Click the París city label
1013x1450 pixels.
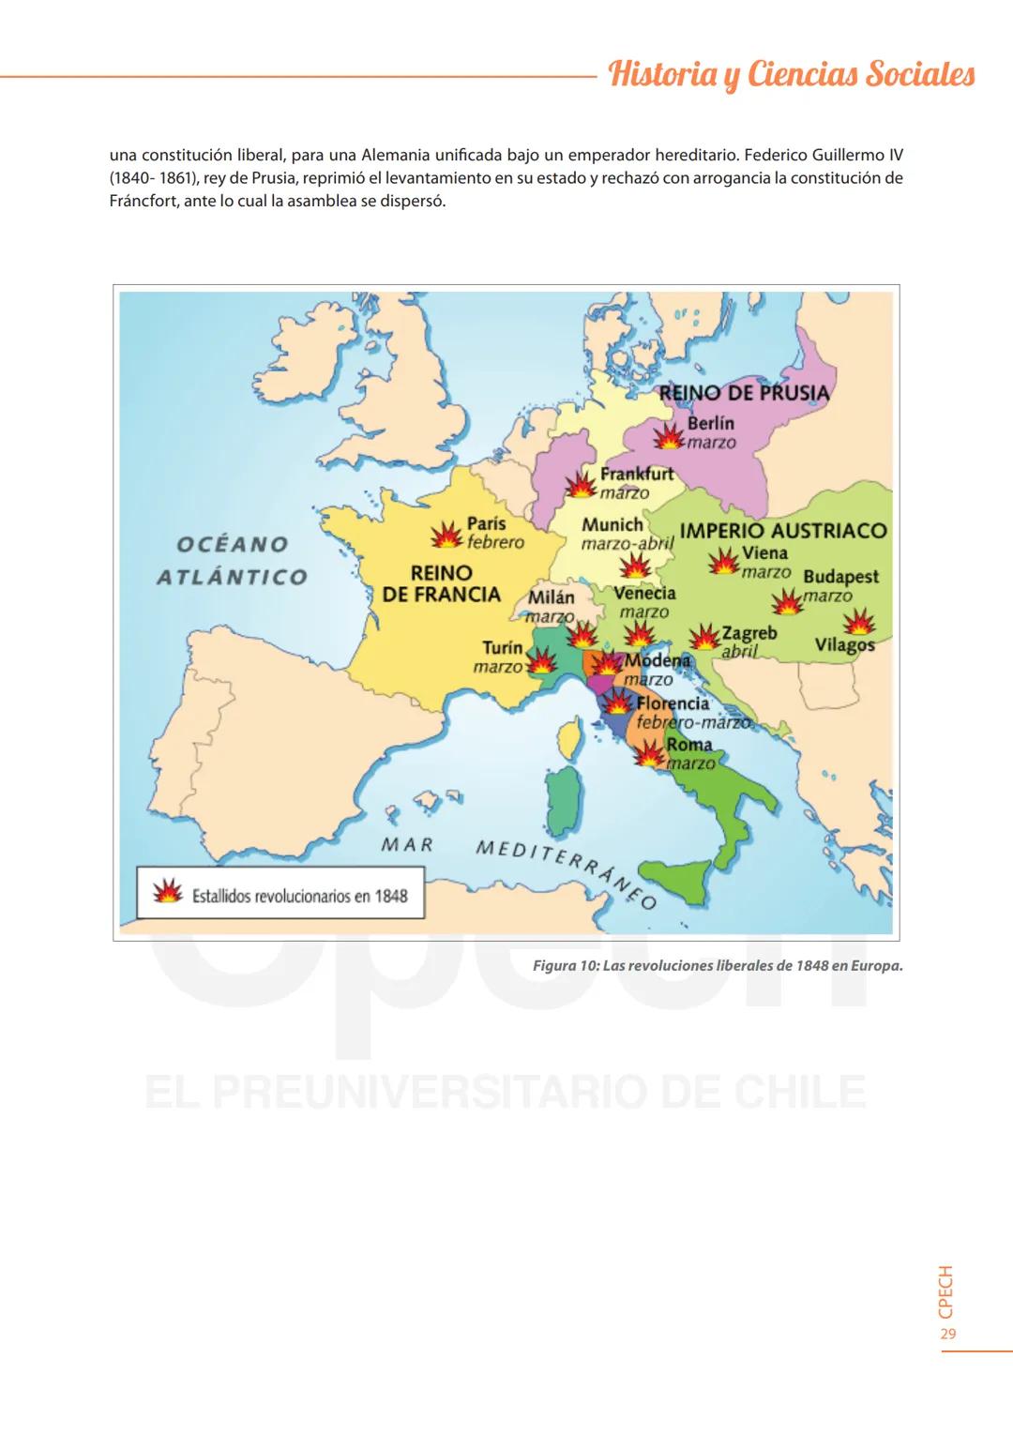[486, 524]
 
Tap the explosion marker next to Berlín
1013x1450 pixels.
[670, 436]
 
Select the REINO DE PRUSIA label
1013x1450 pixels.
[745, 393]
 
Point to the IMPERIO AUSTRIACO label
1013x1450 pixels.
[783, 531]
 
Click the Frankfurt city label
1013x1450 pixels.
[637, 474]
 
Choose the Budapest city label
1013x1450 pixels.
[840, 577]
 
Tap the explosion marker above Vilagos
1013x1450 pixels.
[858, 622]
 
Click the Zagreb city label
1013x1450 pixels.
[748, 633]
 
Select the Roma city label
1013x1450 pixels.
[689, 746]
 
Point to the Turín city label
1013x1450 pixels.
[502, 648]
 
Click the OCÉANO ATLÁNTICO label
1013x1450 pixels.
[233, 560]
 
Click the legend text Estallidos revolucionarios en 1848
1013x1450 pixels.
[299, 896]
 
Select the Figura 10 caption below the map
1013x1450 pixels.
[717, 965]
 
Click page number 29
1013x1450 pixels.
[947, 1334]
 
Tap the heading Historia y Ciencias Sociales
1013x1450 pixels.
[792, 74]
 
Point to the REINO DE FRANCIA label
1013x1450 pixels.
[442, 583]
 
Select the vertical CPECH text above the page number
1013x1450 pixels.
[946, 1291]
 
